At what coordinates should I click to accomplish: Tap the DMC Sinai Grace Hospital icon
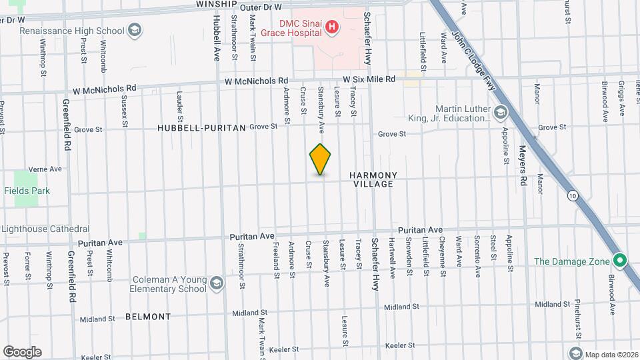coord(331,28)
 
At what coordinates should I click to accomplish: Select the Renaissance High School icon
coord(135,30)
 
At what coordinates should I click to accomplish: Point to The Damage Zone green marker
coord(619,261)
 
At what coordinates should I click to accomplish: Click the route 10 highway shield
coord(573,195)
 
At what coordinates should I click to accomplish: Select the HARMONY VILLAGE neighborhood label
coord(373,179)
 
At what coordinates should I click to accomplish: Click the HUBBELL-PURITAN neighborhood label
coord(201,127)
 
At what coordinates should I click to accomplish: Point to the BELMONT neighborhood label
coord(148,317)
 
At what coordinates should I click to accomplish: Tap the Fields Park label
coord(27,191)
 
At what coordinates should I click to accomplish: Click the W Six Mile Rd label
coord(365,79)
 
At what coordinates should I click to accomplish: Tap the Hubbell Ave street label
coord(216,40)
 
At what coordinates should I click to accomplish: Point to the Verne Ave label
coord(46,169)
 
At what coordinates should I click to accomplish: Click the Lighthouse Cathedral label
coord(45,229)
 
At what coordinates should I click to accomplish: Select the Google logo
coord(22,351)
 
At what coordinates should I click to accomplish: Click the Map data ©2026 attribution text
coord(610,353)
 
